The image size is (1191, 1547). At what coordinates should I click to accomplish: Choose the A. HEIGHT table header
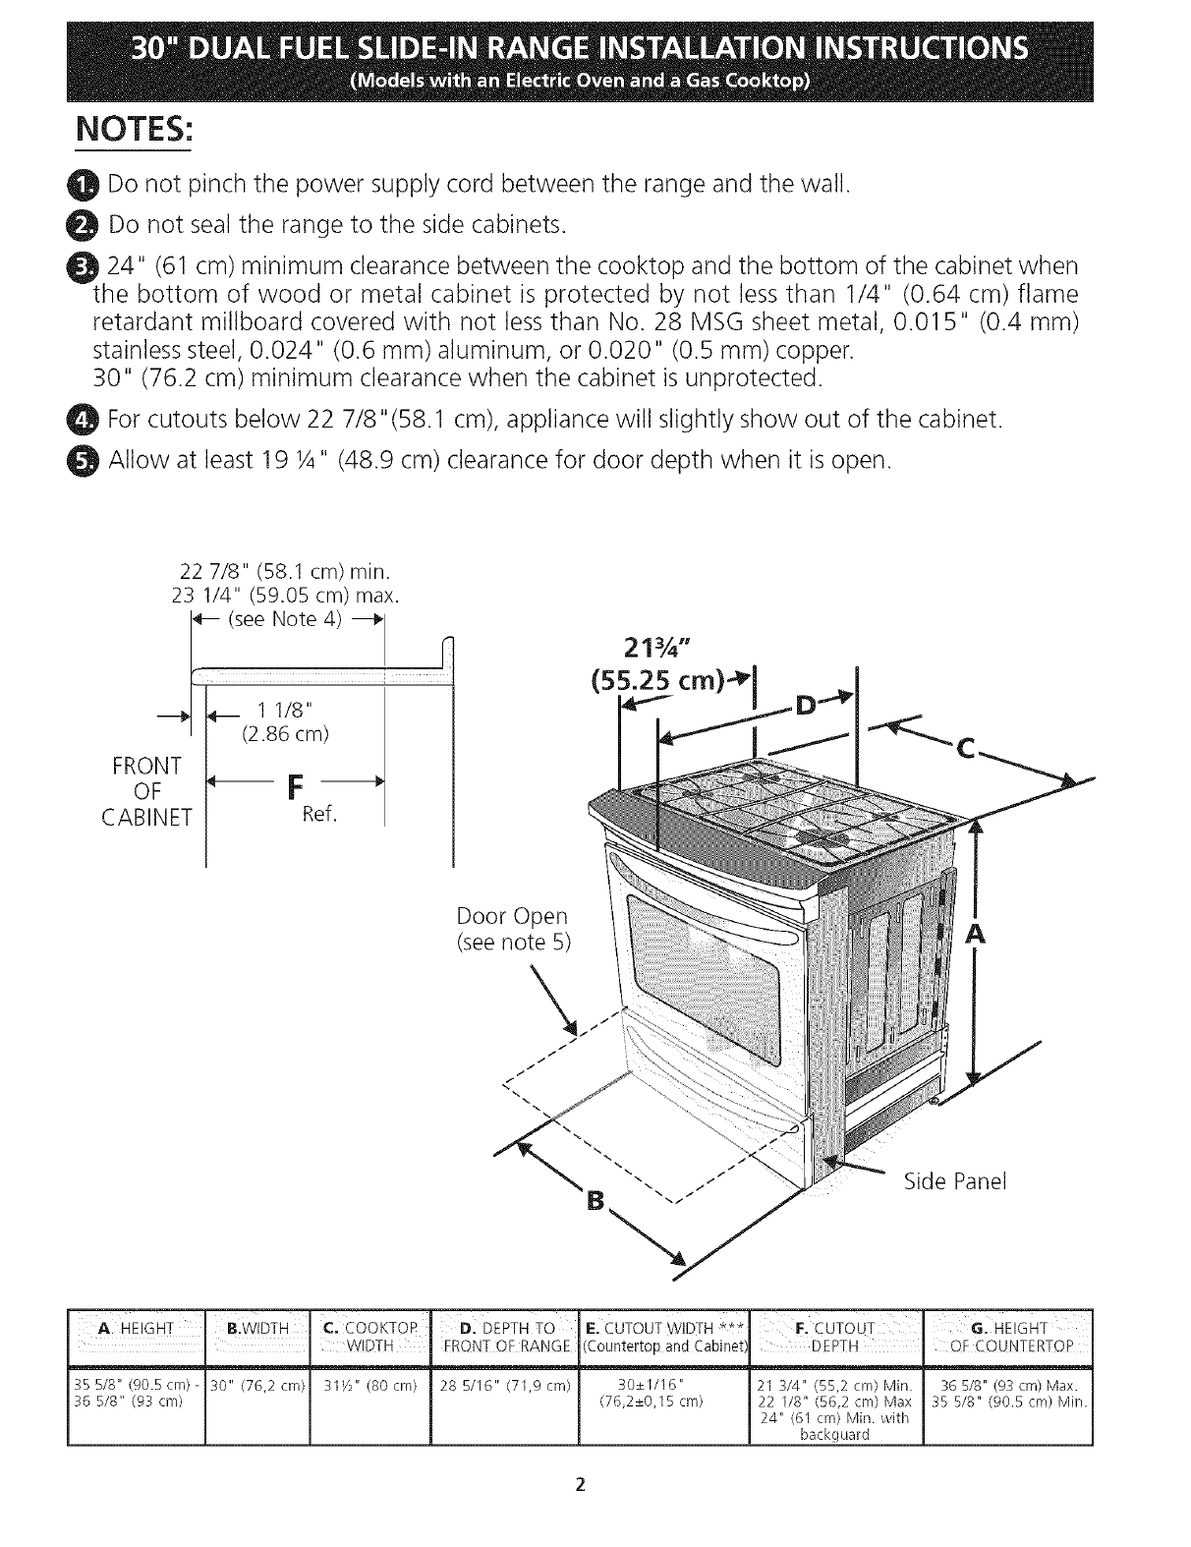click(137, 1330)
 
